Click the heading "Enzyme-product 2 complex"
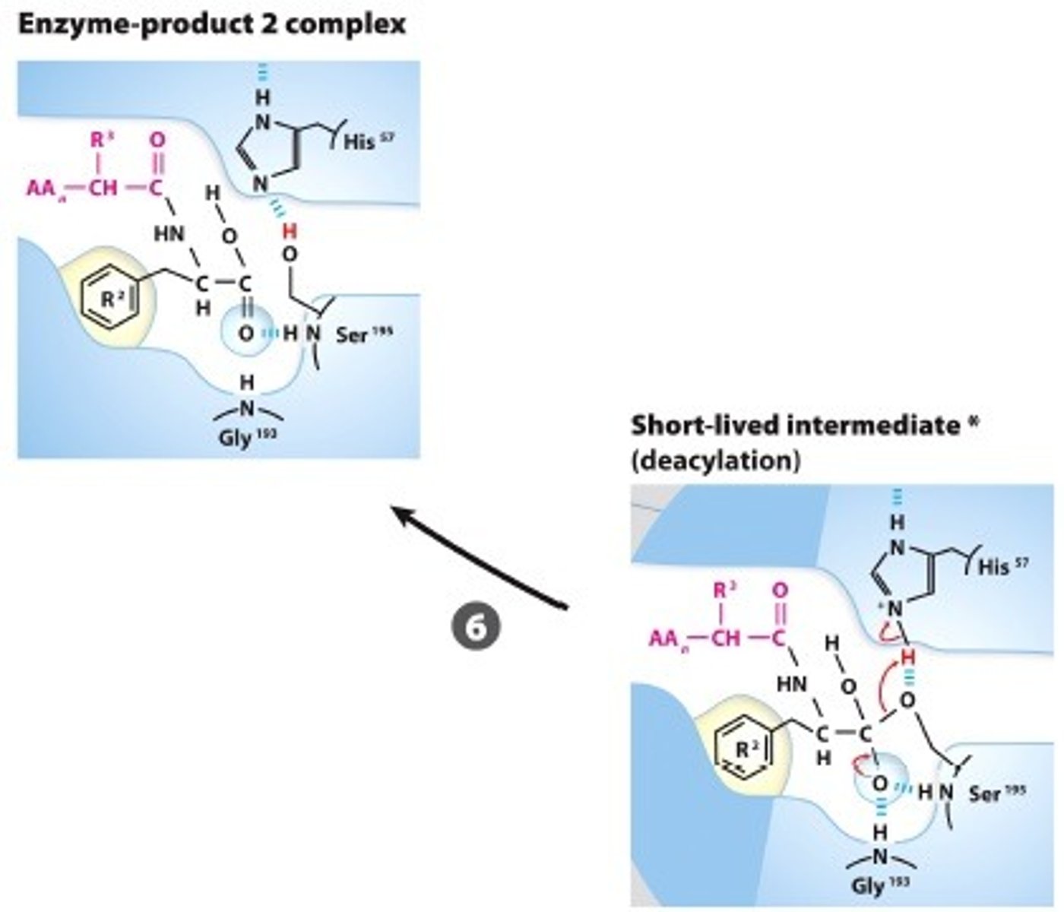211,24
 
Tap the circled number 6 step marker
476,627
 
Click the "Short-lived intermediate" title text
795,426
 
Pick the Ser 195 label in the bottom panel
997,793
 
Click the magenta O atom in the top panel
157,141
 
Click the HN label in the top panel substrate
169,234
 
